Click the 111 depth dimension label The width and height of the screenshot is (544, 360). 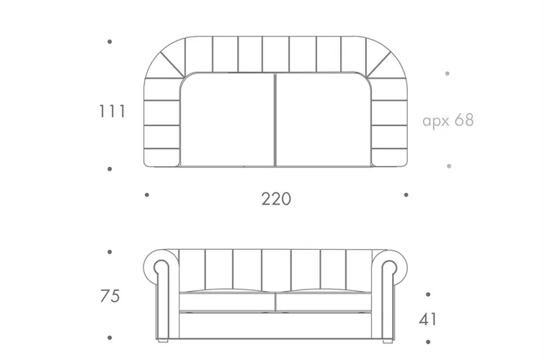(112, 112)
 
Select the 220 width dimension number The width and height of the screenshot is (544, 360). (276, 199)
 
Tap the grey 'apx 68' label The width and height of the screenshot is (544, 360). (448, 120)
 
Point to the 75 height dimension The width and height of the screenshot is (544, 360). (110, 296)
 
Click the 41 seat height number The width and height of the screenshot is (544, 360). (427, 319)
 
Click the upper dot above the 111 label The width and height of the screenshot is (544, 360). (110, 42)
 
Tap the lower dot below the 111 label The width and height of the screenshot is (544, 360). (110, 169)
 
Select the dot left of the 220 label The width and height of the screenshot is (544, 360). (147, 195)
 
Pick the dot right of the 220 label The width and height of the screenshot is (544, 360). (406, 195)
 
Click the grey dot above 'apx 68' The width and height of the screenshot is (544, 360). (447, 73)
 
